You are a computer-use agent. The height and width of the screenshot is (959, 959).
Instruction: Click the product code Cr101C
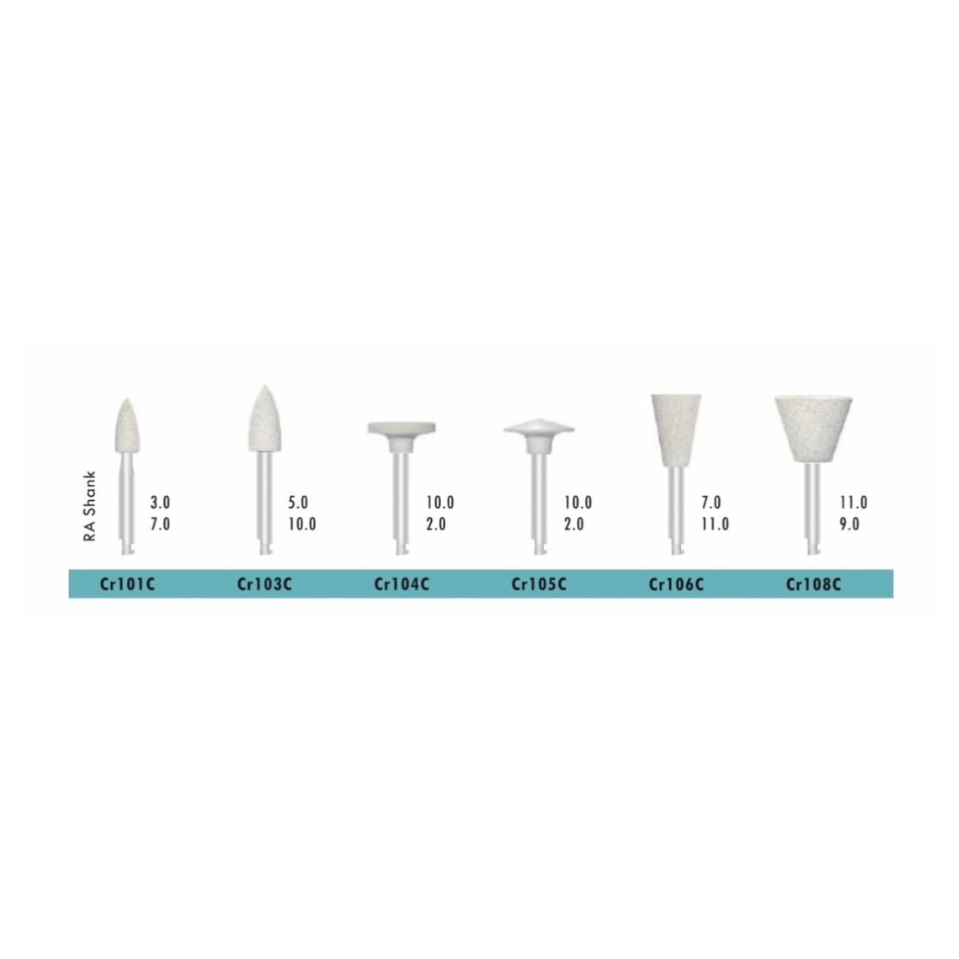[x=127, y=584]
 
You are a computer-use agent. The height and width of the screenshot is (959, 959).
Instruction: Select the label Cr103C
[x=265, y=584]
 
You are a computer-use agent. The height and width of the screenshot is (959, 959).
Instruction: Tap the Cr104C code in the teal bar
[x=402, y=584]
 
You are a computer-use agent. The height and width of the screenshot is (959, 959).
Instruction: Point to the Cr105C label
[x=539, y=584]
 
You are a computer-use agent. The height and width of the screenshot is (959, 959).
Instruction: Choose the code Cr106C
[x=676, y=584]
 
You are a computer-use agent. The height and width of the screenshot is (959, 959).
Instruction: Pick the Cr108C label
[x=813, y=584]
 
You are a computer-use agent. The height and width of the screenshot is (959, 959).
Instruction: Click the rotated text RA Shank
[x=90, y=506]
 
